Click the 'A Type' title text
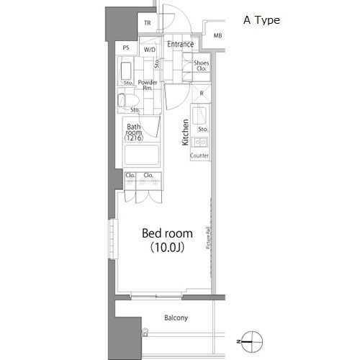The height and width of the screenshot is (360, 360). [x=262, y=20]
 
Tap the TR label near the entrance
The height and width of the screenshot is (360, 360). [x=148, y=23]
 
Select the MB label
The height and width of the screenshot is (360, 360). [x=218, y=35]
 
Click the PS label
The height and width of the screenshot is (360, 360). [x=127, y=48]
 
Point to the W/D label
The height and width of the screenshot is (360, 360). [x=149, y=50]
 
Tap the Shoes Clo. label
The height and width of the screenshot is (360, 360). [x=202, y=67]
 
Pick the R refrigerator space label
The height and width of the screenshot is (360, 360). [x=201, y=93]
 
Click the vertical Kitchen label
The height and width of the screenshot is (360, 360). [x=185, y=132]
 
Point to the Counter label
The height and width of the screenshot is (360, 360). [x=200, y=155]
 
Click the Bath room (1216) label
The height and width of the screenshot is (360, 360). [x=135, y=132]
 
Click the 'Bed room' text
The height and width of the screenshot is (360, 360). [x=166, y=233]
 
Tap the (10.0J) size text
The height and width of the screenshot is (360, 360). [x=166, y=248]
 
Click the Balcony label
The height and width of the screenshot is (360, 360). [x=175, y=318]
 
